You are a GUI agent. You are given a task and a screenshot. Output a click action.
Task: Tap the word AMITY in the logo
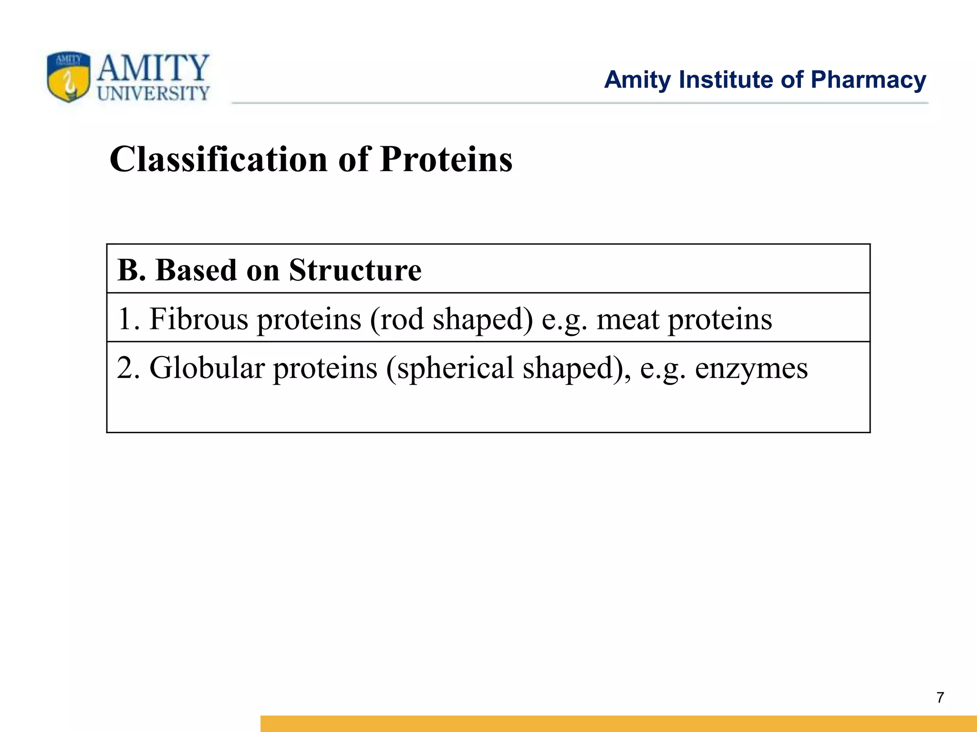(x=153, y=68)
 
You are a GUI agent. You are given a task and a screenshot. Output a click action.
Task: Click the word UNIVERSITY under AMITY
(x=153, y=93)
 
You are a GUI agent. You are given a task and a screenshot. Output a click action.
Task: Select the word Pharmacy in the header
(x=868, y=80)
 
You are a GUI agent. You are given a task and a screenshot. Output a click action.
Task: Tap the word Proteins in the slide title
(x=446, y=159)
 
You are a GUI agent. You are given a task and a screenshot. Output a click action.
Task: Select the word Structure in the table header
(x=355, y=270)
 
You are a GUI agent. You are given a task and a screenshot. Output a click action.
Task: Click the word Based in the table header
(x=196, y=270)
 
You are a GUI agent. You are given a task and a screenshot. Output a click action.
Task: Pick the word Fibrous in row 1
(x=198, y=319)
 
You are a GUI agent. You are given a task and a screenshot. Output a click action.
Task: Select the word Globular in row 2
(x=207, y=368)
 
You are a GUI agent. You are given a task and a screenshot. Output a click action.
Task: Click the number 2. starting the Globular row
(x=128, y=368)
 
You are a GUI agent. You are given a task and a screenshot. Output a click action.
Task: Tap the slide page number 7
(x=940, y=698)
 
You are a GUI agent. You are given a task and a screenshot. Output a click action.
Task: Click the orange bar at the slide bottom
(x=618, y=723)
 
